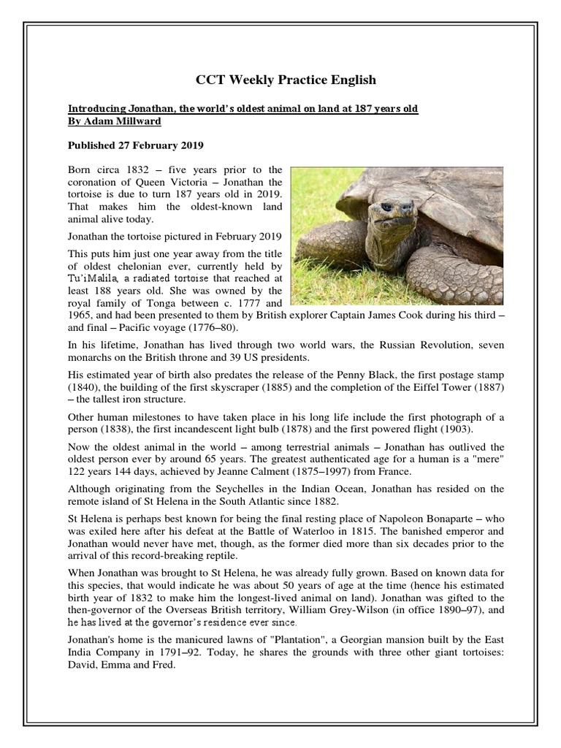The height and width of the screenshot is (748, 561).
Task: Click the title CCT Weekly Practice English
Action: click(286, 80)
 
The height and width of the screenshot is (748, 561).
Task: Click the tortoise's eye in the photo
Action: click(386, 208)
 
